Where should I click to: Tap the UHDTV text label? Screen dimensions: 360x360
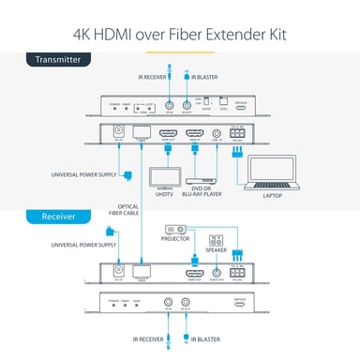pyautogui.click(x=164, y=195)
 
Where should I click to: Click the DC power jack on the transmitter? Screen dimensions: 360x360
pyautogui.click(x=118, y=133)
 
